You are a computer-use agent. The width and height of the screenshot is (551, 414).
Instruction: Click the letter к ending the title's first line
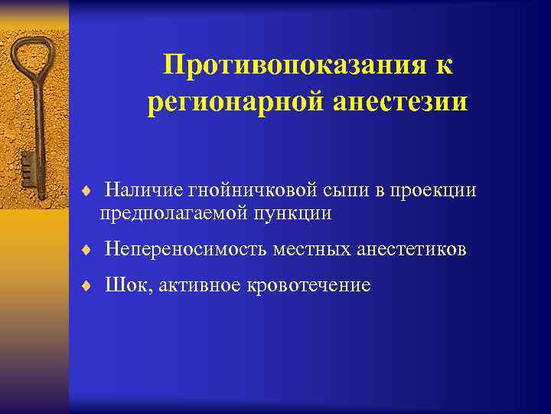pos(445,65)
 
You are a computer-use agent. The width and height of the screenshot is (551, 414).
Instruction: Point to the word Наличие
pos(140,189)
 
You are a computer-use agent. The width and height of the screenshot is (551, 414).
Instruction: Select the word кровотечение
pos(309,286)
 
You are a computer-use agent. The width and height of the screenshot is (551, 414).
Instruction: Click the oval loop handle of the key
pos(31,58)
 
